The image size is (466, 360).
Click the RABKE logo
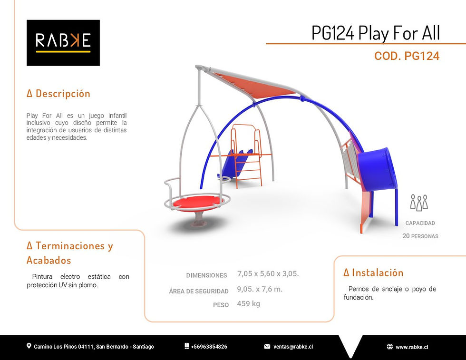point(63,42)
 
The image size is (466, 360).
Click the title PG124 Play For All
point(376,33)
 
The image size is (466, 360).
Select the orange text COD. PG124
point(407,56)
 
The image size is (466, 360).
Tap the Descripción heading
point(58,93)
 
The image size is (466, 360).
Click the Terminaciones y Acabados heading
point(69,253)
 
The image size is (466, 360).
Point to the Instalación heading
point(373,272)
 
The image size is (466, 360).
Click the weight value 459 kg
point(248,304)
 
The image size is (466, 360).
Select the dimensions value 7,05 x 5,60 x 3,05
point(268,274)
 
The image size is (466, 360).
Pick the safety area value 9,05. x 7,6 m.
point(260,289)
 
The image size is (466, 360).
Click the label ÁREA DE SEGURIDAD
point(199,291)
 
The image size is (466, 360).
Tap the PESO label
point(221,305)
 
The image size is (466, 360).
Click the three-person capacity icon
point(419,202)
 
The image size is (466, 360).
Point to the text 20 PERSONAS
point(420,236)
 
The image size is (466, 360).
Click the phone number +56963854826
point(209,347)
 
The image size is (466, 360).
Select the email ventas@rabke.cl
point(292,347)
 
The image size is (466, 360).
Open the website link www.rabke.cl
point(412,347)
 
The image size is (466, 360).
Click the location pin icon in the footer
point(29,346)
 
